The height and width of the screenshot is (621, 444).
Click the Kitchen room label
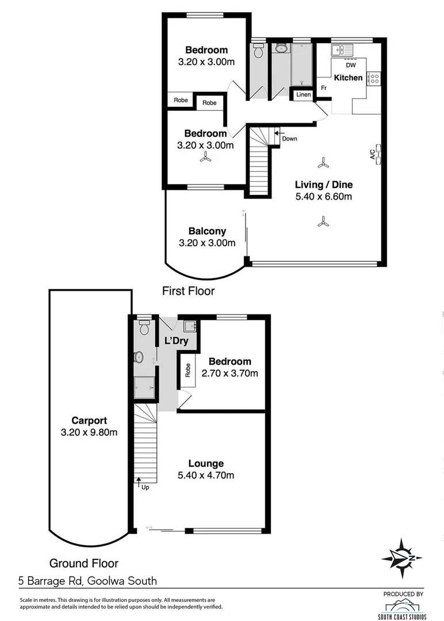pos(349,78)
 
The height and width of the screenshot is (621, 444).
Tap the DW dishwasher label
pos(350,65)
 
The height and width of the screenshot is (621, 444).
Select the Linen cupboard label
pos(303,94)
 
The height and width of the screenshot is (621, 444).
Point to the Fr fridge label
pos(324,88)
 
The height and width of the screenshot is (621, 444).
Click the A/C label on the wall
pos(373,154)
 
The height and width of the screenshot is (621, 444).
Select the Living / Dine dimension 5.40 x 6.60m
pos(324,197)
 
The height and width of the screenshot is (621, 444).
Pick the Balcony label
pos(207,231)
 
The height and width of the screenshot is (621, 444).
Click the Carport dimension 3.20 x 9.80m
pos(89,432)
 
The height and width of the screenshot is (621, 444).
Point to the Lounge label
pos(206,463)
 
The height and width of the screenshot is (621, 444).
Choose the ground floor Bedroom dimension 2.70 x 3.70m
pos(229,373)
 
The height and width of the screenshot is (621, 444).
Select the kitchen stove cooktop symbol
pos(374,78)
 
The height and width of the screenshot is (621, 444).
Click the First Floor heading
pos(188,291)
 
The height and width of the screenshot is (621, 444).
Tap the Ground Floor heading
pos(83,563)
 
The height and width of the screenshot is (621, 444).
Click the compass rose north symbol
pos(403,558)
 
